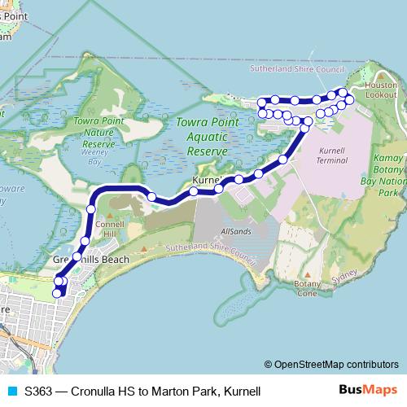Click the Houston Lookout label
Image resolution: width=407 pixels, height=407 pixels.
(380, 90)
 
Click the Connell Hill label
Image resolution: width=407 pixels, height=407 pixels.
(109, 227)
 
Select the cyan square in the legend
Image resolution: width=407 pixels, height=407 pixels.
(10, 391)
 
